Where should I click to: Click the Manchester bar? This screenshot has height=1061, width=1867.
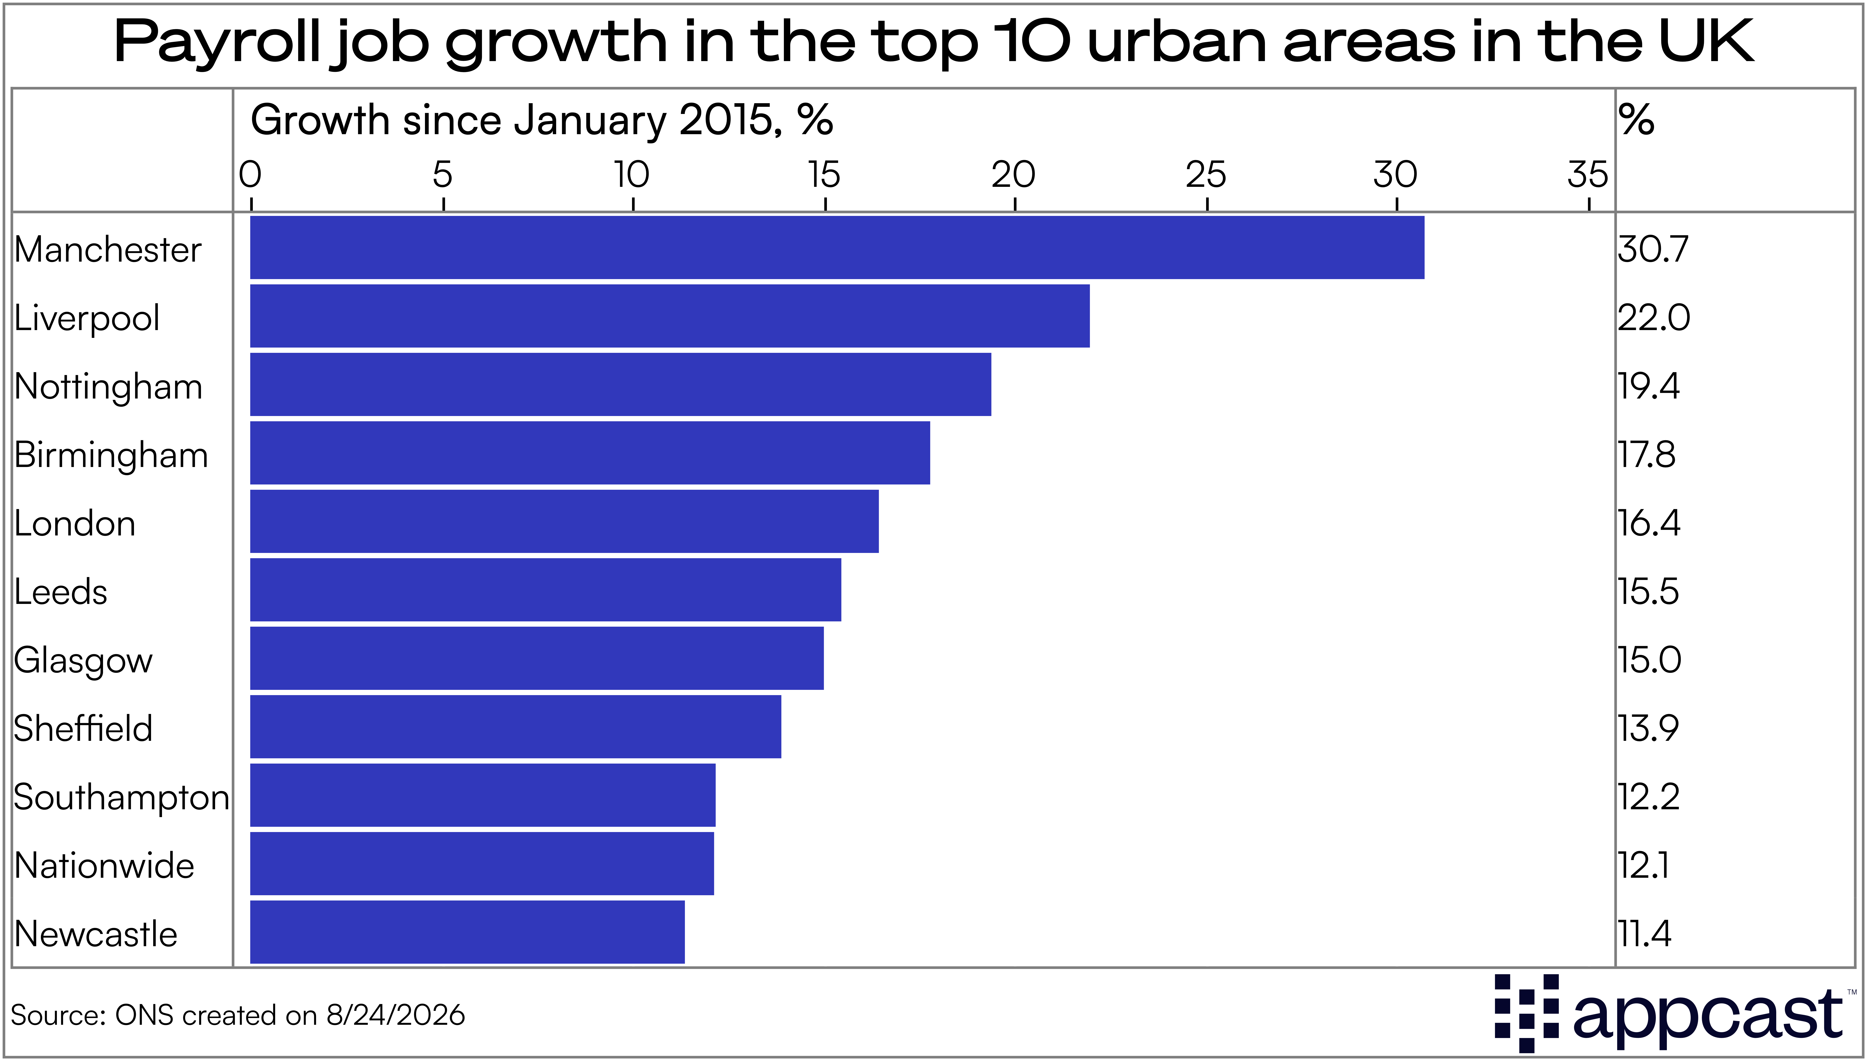(837, 247)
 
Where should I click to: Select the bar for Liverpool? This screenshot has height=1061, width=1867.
(670, 316)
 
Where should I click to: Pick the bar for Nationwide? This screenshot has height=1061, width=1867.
(482, 863)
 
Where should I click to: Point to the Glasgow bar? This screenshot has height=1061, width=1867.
(536, 658)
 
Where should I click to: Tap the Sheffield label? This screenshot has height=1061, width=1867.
(83, 728)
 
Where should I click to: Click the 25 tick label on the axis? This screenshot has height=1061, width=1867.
(1206, 175)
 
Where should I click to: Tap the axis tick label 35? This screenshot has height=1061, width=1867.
(1588, 175)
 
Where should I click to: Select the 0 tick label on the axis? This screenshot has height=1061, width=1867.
(250, 175)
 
